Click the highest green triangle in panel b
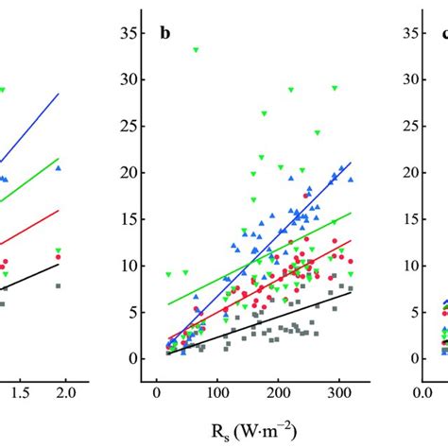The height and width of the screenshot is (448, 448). (196, 50)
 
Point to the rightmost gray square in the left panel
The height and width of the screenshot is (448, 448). (59, 285)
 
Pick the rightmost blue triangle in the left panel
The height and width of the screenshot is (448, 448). (59, 168)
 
